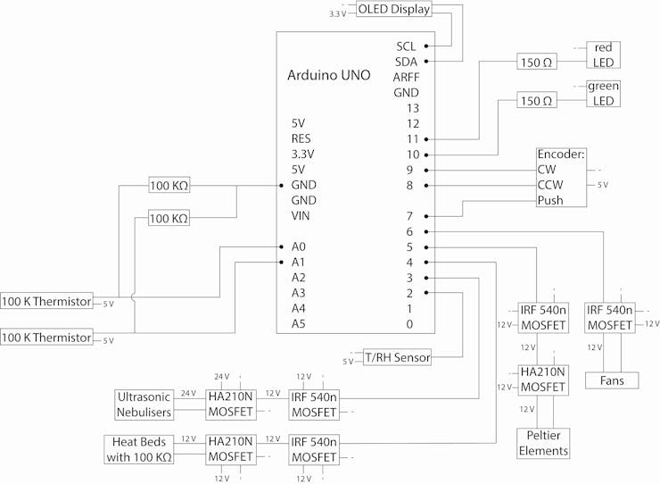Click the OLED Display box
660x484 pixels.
(393, 10)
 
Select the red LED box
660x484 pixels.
(603, 54)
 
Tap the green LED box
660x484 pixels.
(603, 94)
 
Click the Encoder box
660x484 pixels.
(561, 177)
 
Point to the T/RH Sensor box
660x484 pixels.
(397, 357)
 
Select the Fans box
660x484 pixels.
(612, 380)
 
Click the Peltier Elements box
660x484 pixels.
(542, 443)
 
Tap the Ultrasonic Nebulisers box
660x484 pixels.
(144, 404)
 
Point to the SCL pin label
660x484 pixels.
(406, 46)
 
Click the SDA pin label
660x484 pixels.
(406, 62)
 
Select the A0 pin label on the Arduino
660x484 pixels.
(299, 246)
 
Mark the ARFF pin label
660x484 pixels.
(406, 78)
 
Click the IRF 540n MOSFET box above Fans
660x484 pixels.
(609, 317)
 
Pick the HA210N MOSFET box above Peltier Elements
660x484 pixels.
(542, 380)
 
